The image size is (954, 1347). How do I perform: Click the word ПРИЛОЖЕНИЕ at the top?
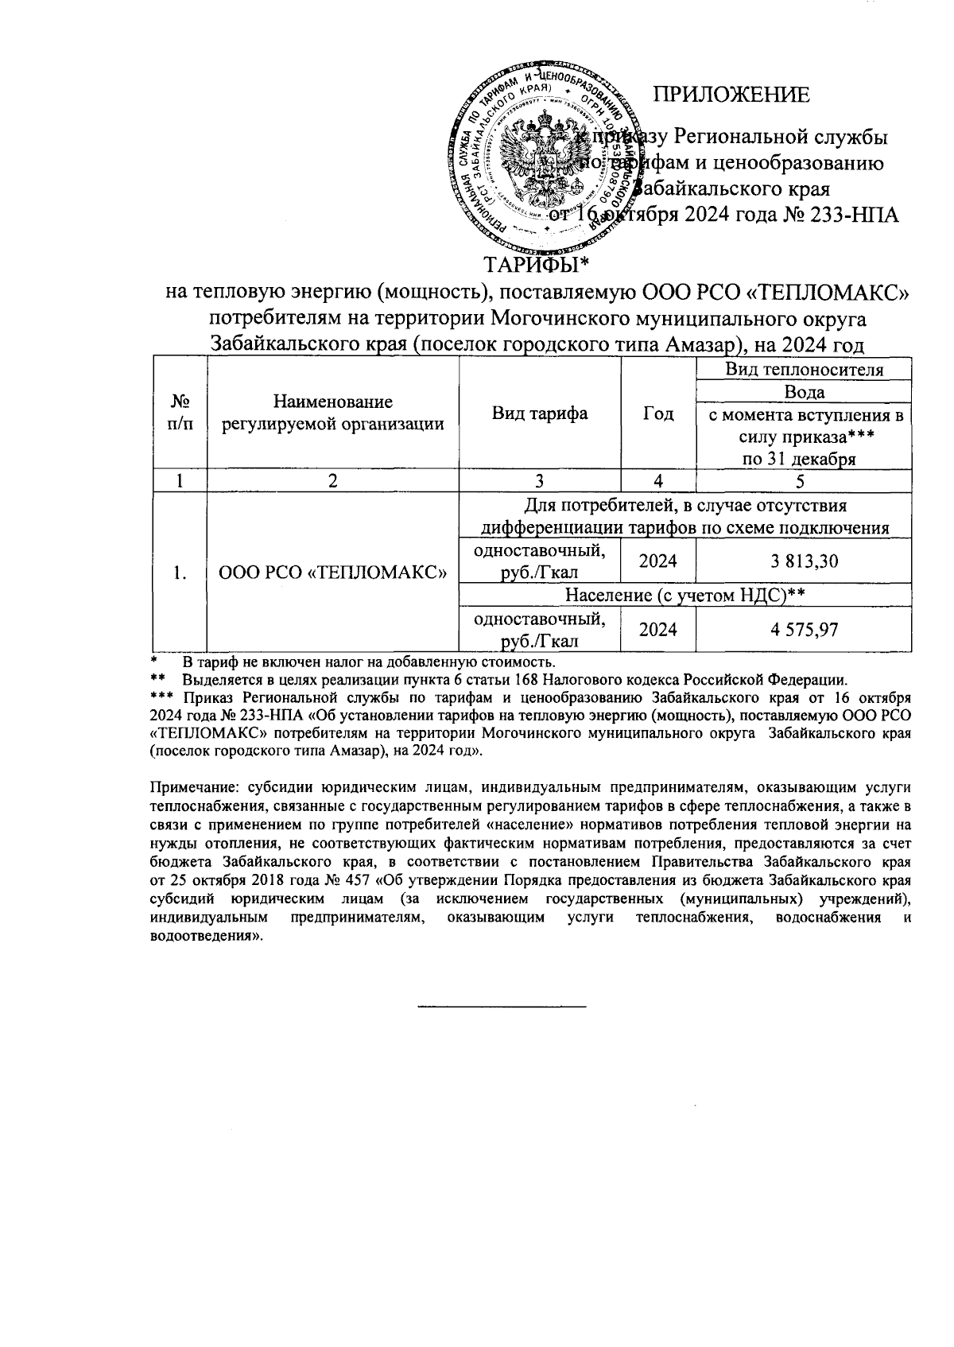point(731,95)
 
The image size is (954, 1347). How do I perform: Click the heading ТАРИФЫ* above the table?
point(539,263)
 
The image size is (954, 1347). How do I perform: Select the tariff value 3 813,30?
point(804,561)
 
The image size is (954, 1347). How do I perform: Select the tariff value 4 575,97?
point(804,630)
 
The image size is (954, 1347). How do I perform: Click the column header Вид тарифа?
point(540,413)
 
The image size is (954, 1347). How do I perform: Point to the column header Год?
point(657,413)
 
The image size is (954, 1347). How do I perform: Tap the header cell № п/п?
point(180,413)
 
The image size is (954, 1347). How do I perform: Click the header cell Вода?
point(804,392)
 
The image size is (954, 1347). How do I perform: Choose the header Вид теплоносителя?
point(804,370)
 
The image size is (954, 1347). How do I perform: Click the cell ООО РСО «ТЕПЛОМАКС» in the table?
point(332,573)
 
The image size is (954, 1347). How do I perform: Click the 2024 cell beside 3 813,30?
point(657,561)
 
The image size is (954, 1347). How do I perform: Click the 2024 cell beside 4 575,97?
point(657,630)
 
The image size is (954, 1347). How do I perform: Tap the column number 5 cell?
point(804,480)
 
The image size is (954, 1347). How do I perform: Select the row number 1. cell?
point(180,573)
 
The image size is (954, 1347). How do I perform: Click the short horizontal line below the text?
point(501,1007)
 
